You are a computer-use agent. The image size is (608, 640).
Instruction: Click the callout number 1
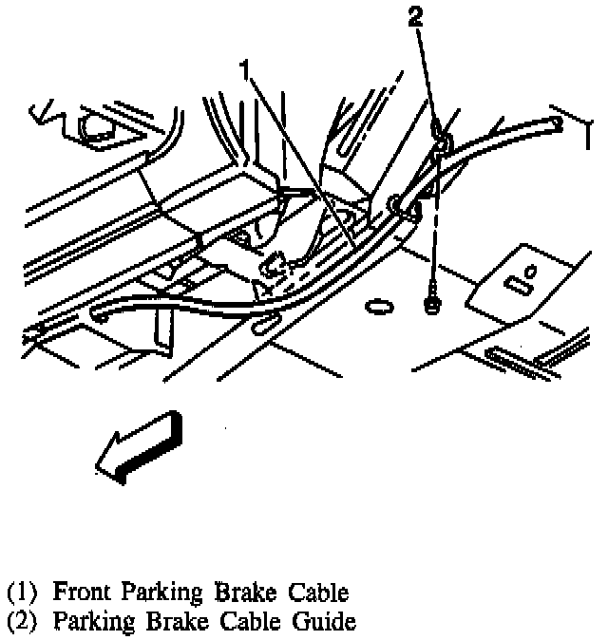(x=245, y=70)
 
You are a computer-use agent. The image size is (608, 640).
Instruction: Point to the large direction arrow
(x=137, y=445)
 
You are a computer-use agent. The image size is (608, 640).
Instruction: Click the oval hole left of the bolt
(x=378, y=305)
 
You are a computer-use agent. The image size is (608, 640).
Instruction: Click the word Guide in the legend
(x=326, y=622)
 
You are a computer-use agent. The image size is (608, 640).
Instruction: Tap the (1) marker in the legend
(x=23, y=593)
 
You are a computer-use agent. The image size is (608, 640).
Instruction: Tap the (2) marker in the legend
(x=23, y=623)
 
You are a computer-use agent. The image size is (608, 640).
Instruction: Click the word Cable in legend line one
(x=316, y=593)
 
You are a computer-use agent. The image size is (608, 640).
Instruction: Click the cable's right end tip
(x=558, y=123)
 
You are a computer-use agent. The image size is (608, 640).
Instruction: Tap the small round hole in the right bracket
(x=532, y=269)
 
